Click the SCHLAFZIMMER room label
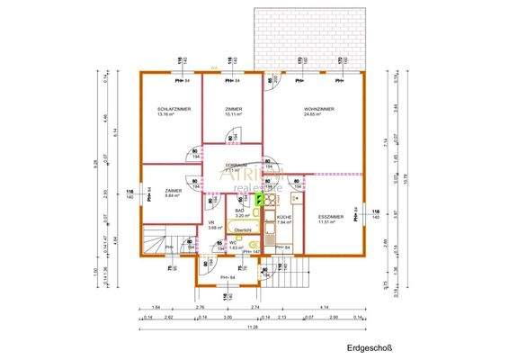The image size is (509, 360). pos(174,108)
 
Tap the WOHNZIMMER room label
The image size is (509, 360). pos(319,108)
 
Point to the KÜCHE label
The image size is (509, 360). pos(284,217)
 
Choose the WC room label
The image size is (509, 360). pos(232,242)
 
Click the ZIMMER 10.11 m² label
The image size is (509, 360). pos(234,108)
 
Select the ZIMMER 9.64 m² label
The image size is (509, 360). pos(174,191)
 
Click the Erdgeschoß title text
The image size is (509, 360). pos(369,346)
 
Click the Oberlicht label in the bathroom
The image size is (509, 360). pos(243,230)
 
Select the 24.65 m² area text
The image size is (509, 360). pos(319,114)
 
